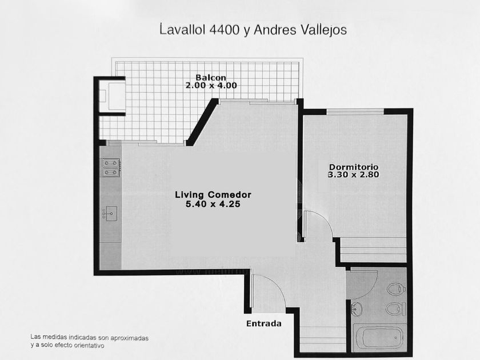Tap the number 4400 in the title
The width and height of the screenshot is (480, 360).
tap(224, 30)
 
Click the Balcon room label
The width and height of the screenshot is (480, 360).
tap(211, 78)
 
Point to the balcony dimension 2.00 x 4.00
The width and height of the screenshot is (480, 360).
tap(211, 85)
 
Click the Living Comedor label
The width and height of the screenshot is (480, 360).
tap(213, 195)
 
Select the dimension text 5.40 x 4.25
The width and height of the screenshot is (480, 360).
tap(213, 204)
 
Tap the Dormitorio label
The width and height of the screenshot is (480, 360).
tap(354, 167)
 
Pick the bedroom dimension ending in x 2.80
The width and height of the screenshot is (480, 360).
tap(354, 174)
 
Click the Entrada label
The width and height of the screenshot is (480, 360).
tap(264, 323)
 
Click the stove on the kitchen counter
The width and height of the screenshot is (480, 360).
tap(110, 168)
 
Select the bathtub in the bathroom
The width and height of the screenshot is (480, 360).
tap(379, 337)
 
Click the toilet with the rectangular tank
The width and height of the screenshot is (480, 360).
tap(396, 309)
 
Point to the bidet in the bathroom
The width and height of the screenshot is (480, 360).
tap(396, 289)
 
